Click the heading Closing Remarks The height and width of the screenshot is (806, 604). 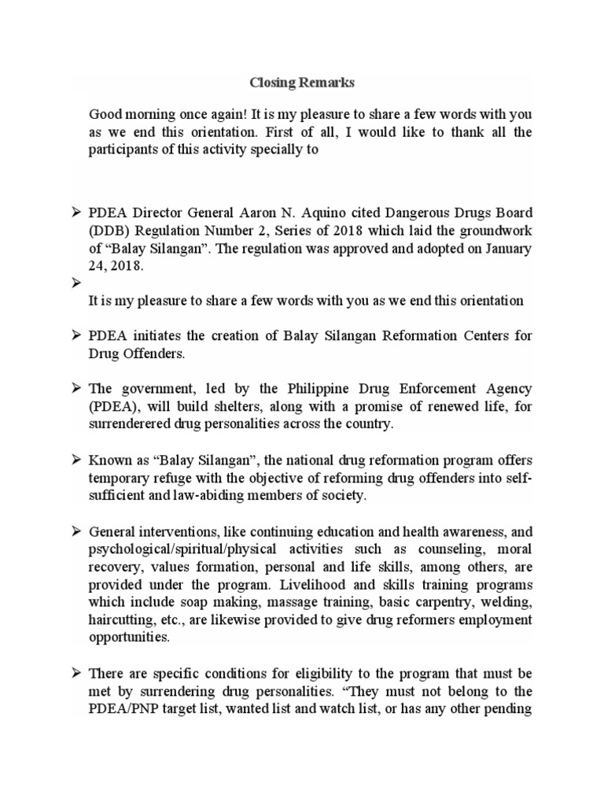click(x=291, y=81)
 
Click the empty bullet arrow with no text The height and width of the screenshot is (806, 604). click(x=76, y=283)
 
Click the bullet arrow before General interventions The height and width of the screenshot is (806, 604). click(x=76, y=531)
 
